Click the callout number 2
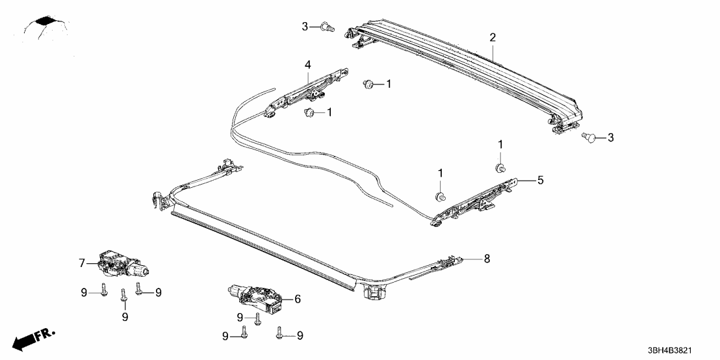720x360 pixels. pyautogui.click(x=493, y=38)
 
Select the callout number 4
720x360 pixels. pyautogui.click(x=308, y=64)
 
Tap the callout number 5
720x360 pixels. pyautogui.click(x=539, y=180)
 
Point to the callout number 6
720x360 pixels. pyautogui.click(x=298, y=299)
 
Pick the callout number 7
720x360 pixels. pyautogui.click(x=82, y=263)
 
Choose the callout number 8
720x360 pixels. pyautogui.click(x=486, y=259)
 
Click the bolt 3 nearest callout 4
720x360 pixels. pyautogui.click(x=326, y=27)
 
